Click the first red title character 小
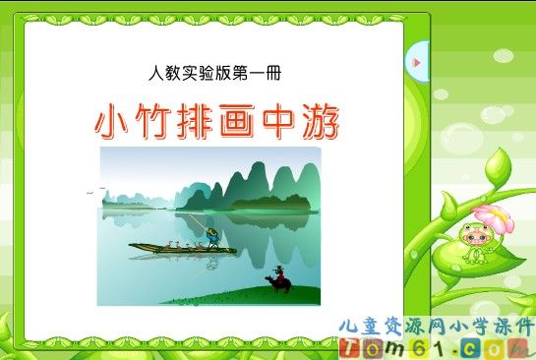pyautogui.click(x=114, y=122)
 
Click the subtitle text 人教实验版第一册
pyautogui.click(x=217, y=73)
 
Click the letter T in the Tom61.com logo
pyautogui.click(x=350, y=346)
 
